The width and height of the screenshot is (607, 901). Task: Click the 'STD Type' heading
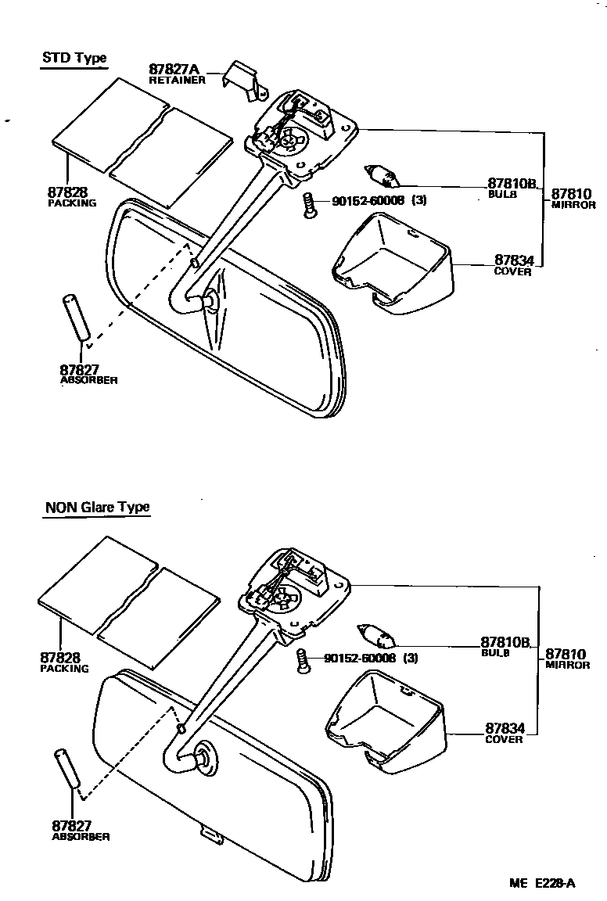click(74, 58)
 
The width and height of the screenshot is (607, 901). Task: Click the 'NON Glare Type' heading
click(97, 507)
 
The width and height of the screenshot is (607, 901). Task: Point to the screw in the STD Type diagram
click(310, 206)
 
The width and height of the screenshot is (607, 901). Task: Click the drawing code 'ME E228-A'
click(542, 884)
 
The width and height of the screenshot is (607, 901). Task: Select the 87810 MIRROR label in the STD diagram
click(573, 198)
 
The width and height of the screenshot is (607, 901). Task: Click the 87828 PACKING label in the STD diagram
click(71, 196)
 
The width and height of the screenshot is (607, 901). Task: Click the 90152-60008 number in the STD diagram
click(368, 201)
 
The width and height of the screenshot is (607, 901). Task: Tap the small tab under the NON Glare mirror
click(210, 836)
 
